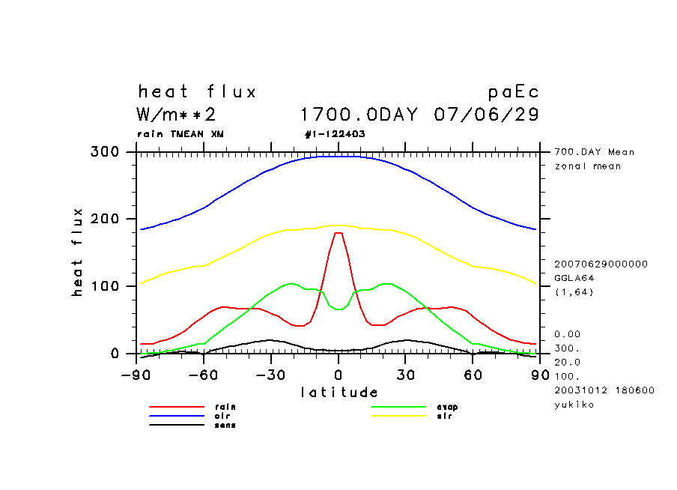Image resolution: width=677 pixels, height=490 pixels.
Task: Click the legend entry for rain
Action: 225,407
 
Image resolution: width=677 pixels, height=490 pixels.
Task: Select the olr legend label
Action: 222,416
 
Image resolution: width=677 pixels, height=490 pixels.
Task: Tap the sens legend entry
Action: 225,425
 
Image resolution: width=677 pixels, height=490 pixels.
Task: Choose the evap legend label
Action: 447,407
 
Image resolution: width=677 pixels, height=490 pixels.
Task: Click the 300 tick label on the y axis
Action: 105,152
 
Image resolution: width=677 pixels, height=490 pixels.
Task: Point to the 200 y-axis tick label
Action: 105,219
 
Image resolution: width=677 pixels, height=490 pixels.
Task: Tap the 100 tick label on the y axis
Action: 105,286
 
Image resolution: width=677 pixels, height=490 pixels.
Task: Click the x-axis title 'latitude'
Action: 339,392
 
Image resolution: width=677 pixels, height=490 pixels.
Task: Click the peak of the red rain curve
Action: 338,233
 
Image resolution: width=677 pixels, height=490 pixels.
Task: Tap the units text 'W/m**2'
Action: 177,115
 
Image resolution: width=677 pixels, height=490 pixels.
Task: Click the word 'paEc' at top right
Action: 513,92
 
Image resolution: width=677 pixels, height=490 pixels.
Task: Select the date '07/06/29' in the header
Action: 486,115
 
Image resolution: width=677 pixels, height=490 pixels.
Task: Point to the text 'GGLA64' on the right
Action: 573,277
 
